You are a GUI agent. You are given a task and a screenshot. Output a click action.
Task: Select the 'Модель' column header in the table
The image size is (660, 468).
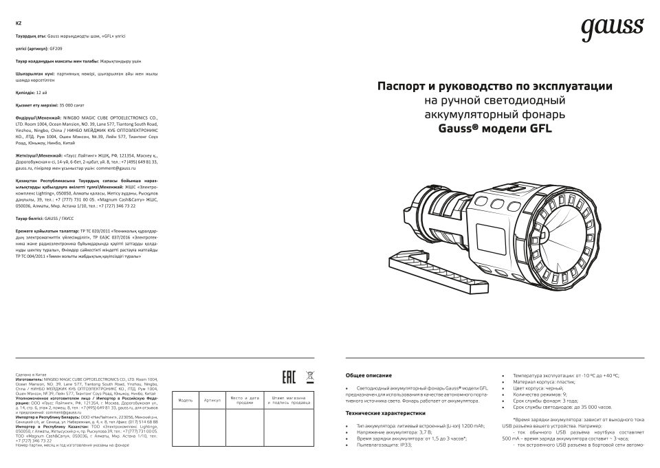click(x=186, y=400)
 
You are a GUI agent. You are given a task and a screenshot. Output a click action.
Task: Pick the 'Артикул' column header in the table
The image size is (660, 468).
click(x=212, y=400)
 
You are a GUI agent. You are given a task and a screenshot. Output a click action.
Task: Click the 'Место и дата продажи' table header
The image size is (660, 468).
click(x=244, y=400)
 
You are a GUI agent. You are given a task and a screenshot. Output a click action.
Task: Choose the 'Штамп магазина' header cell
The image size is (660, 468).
click(x=287, y=400)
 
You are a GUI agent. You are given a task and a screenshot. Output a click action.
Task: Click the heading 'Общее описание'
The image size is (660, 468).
click(x=368, y=376)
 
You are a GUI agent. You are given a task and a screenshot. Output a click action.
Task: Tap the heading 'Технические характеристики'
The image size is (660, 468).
click(x=386, y=413)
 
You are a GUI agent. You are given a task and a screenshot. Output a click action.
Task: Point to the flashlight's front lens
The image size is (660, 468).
click(x=577, y=223)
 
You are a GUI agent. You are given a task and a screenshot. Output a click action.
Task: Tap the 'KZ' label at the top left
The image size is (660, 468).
click(x=18, y=23)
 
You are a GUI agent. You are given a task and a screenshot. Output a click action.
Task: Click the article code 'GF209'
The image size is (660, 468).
click(x=56, y=49)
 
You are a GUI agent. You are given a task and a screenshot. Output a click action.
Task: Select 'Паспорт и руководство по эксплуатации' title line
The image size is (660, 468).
click(x=494, y=87)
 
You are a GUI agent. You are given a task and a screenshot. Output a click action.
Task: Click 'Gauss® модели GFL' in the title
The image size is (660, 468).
click(x=494, y=128)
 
